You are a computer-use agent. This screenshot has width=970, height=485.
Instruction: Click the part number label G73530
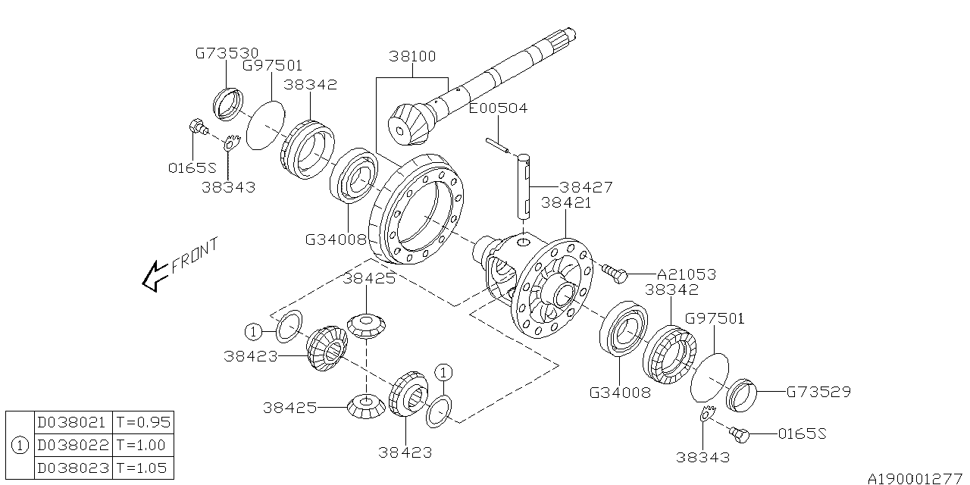225,54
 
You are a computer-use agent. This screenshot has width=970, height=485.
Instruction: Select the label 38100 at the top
414,57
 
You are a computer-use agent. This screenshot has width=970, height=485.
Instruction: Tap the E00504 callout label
498,109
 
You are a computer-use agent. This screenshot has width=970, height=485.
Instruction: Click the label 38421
565,203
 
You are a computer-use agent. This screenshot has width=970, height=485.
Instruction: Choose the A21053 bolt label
685,274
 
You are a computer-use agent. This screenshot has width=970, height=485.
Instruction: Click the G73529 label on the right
818,392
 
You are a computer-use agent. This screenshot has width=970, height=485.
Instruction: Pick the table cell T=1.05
142,468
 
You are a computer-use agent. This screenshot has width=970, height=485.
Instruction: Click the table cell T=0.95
142,422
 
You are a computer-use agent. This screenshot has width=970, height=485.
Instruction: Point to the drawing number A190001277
916,478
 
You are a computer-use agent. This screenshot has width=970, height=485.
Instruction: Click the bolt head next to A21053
617,274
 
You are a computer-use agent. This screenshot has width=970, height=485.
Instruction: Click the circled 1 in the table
20,445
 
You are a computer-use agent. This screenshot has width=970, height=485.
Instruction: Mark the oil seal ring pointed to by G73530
227,103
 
